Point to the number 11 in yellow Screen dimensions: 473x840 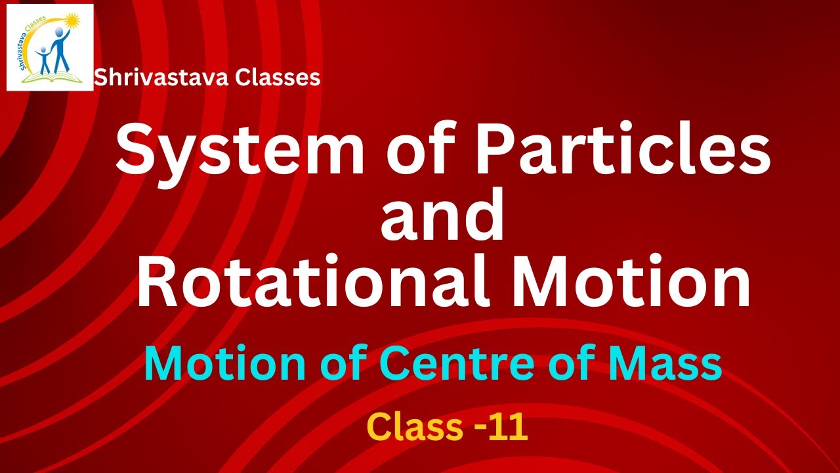coord(508,427)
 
